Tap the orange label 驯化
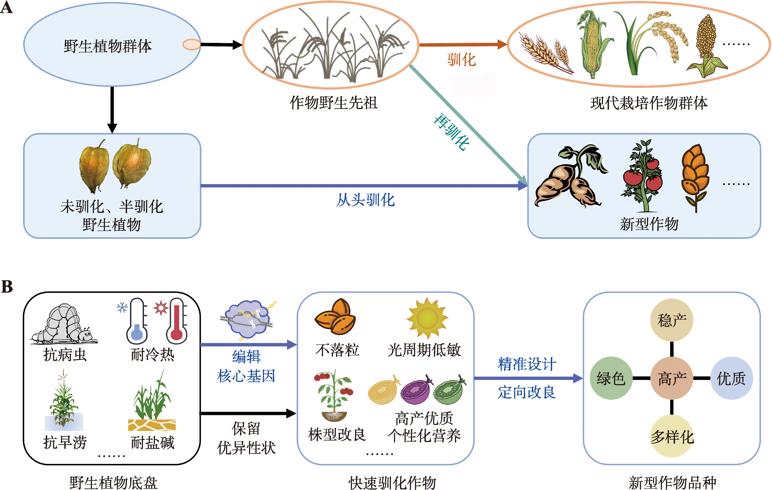[x=461, y=60]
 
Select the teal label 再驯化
[x=451, y=132]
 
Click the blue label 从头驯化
[x=365, y=200]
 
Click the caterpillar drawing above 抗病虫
[x=64, y=324]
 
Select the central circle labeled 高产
[x=672, y=378]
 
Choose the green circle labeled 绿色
[x=611, y=378]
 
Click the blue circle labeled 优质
[x=731, y=378]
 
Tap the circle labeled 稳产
[x=672, y=320]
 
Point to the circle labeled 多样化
[x=672, y=436]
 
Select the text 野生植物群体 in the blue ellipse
[x=108, y=46]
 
